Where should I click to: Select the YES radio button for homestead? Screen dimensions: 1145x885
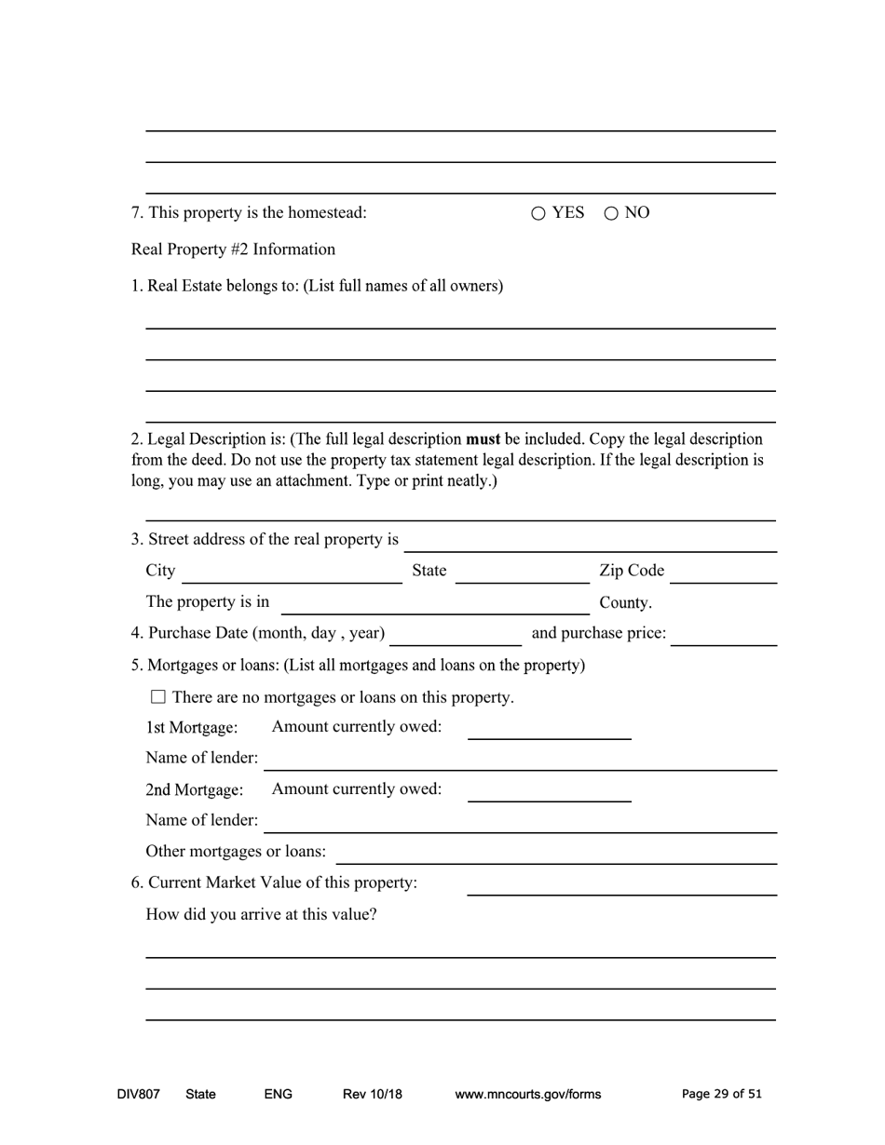(538, 213)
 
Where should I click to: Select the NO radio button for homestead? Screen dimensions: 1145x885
(611, 213)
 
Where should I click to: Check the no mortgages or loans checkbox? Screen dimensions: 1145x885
(157, 697)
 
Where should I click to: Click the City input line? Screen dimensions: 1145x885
(292, 573)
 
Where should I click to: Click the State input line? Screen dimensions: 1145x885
(522, 573)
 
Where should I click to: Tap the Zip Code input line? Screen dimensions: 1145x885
(723, 573)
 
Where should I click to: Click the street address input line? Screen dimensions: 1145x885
(590, 542)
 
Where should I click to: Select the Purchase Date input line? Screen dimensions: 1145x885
(456, 636)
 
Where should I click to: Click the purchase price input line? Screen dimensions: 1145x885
(723, 636)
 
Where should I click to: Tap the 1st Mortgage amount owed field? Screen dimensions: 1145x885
(549, 730)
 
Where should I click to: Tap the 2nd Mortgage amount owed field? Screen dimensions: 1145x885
(549, 792)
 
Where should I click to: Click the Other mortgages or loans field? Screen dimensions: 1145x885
(556, 855)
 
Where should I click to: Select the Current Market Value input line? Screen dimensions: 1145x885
(621, 885)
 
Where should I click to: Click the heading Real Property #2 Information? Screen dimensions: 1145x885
(233, 249)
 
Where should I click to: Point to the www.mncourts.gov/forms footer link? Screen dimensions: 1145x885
(527, 1094)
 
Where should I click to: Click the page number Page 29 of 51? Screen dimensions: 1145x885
(721, 1094)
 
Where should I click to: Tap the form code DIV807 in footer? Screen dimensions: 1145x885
(138, 1094)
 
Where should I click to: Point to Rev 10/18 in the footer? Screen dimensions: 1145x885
(372, 1094)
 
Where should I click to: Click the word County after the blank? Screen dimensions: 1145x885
(624, 603)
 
